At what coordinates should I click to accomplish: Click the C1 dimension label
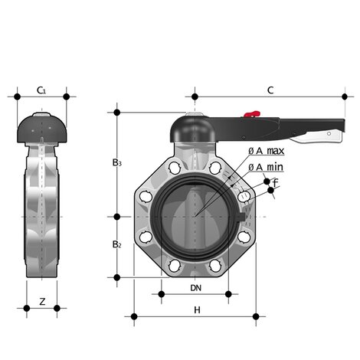pos(41,90)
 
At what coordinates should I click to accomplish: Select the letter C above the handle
pos(270,90)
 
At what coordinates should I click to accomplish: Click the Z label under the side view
pos(42,301)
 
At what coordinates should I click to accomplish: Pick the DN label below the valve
pos(195,288)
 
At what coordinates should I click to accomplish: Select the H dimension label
pos(197,309)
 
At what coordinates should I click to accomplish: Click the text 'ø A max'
pos(267,151)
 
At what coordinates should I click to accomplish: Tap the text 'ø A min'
pos(266,167)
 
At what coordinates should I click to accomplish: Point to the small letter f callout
pos(275,182)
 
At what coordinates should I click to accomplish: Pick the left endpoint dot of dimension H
pos(134,316)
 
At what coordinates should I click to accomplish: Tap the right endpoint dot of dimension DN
pos(228,293)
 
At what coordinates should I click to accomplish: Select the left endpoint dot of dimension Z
pos(27,308)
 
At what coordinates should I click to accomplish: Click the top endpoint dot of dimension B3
pos(117,113)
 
